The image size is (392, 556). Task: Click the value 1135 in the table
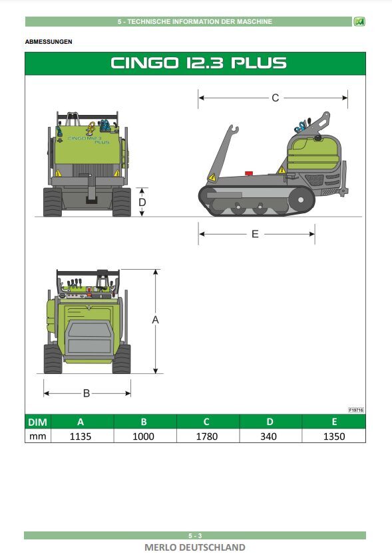point(81,436)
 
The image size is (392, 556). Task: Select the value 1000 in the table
point(144,436)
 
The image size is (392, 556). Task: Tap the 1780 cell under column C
point(207,436)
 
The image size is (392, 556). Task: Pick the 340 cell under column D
point(270,436)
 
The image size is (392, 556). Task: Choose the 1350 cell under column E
point(333,436)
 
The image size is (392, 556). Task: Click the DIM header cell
point(37,422)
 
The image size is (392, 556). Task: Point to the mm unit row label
point(37,436)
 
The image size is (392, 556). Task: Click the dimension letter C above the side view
point(275,98)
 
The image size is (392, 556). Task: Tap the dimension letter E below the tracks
point(255,234)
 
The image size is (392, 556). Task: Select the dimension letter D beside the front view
point(142,202)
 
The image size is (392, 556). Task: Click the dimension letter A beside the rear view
point(156,320)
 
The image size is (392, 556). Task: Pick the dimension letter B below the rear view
point(86,393)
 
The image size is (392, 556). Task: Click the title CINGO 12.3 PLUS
point(198,64)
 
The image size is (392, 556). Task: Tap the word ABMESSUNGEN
point(49,42)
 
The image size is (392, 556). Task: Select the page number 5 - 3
point(195,535)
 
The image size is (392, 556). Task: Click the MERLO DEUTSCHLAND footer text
point(195,547)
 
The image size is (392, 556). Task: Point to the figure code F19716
point(356,411)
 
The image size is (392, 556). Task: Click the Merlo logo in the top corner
point(359,22)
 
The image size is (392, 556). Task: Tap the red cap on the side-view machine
point(249,173)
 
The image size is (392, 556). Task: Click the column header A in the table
point(81,422)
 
